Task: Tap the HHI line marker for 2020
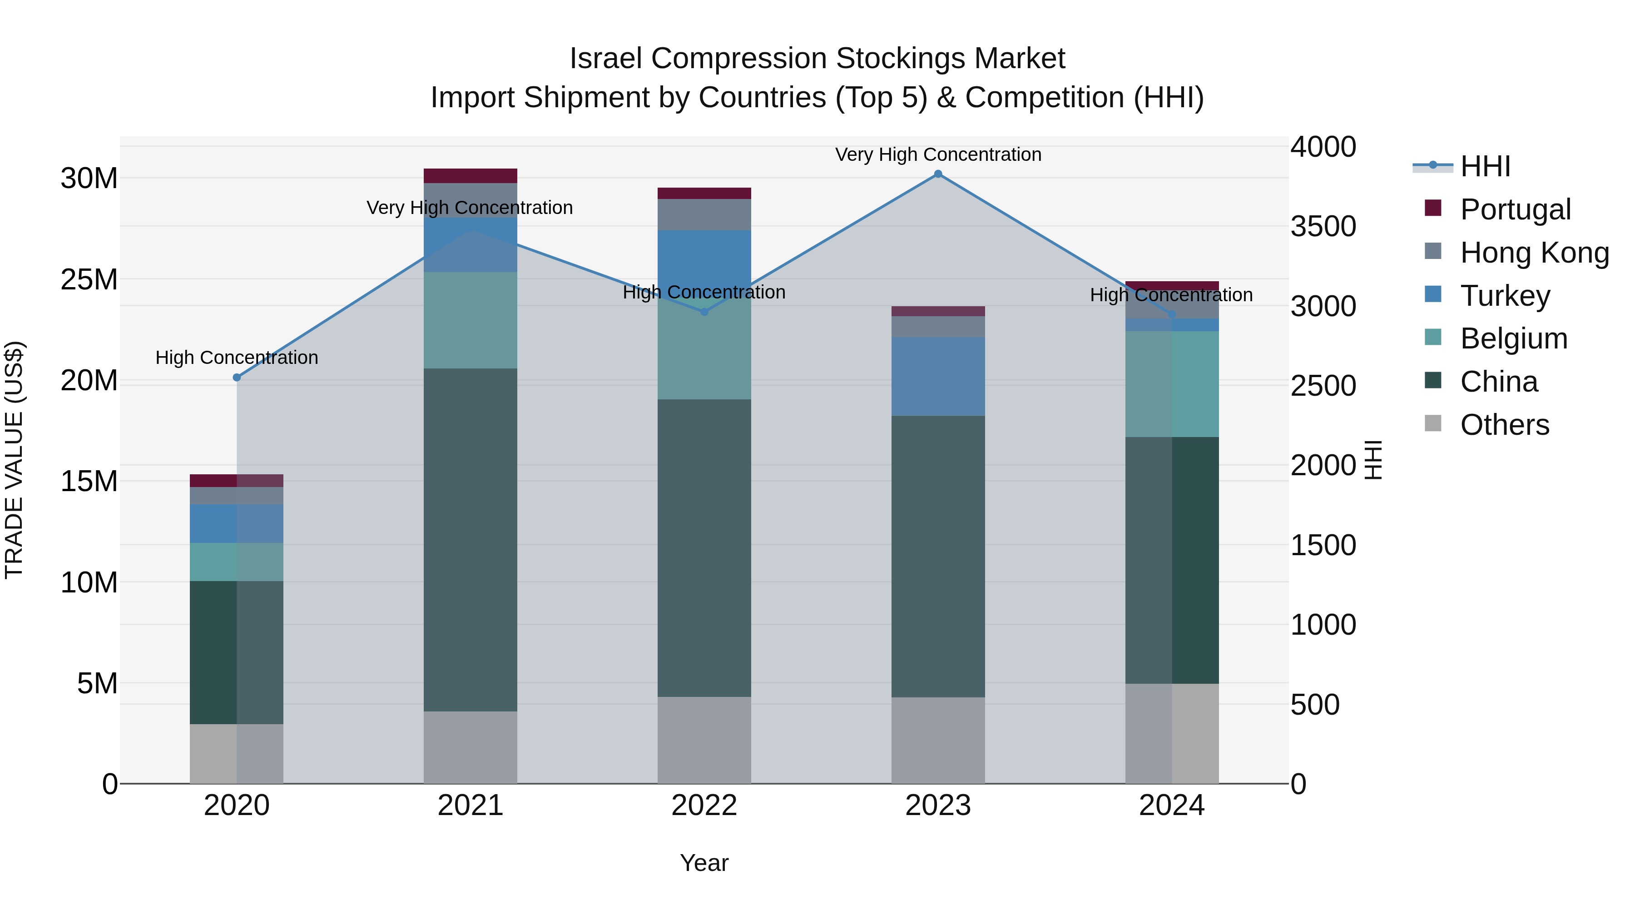[x=237, y=377]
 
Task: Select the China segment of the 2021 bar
[x=471, y=540]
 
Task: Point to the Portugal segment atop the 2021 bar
[x=471, y=176]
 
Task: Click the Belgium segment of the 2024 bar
[x=1172, y=384]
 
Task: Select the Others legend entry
[x=1504, y=424]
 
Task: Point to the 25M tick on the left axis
[x=89, y=279]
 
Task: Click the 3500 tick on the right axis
[x=1323, y=227]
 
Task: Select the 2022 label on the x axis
[x=704, y=806]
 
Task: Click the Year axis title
[x=704, y=863]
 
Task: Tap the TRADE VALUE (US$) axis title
[x=14, y=460]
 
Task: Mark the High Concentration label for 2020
[x=237, y=358]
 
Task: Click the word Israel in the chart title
[x=606, y=59]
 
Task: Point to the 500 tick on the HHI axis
[x=1315, y=705]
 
